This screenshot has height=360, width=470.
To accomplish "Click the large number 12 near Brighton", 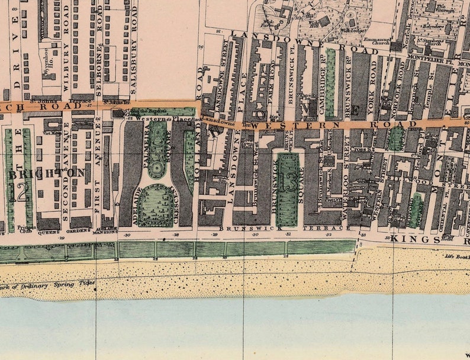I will click(x=22, y=191).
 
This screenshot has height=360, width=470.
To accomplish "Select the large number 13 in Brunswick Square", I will click(x=289, y=181).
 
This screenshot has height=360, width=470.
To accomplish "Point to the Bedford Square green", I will click(x=416, y=210).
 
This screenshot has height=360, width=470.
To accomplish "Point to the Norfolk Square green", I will click(x=395, y=137).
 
